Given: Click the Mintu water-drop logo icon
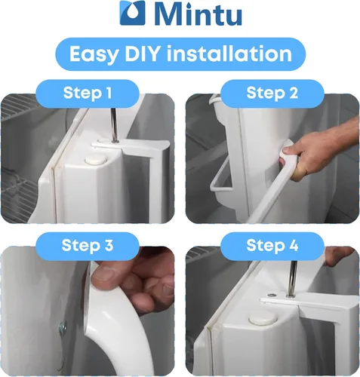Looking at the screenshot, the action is pyautogui.click(x=133, y=13).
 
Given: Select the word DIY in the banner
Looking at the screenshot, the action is pyautogui.click(x=142, y=54).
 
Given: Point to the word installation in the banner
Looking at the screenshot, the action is pyautogui.click(x=229, y=54).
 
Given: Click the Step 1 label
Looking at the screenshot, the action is pyautogui.click(x=88, y=93).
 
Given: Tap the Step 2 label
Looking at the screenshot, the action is pyautogui.click(x=272, y=93).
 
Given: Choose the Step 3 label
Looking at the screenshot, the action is pyautogui.click(x=88, y=245).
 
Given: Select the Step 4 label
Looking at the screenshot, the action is pyautogui.click(x=272, y=245).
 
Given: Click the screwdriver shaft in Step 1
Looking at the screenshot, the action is pyautogui.click(x=114, y=125).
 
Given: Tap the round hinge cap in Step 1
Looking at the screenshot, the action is pyautogui.click(x=96, y=159).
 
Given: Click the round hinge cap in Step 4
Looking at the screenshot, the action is pyautogui.click(x=263, y=320).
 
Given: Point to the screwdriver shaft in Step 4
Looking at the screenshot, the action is pyautogui.click(x=291, y=278).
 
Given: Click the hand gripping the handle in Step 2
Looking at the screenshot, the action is pyautogui.click(x=319, y=148).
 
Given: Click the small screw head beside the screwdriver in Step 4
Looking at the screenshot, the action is pyautogui.click(x=271, y=295).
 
